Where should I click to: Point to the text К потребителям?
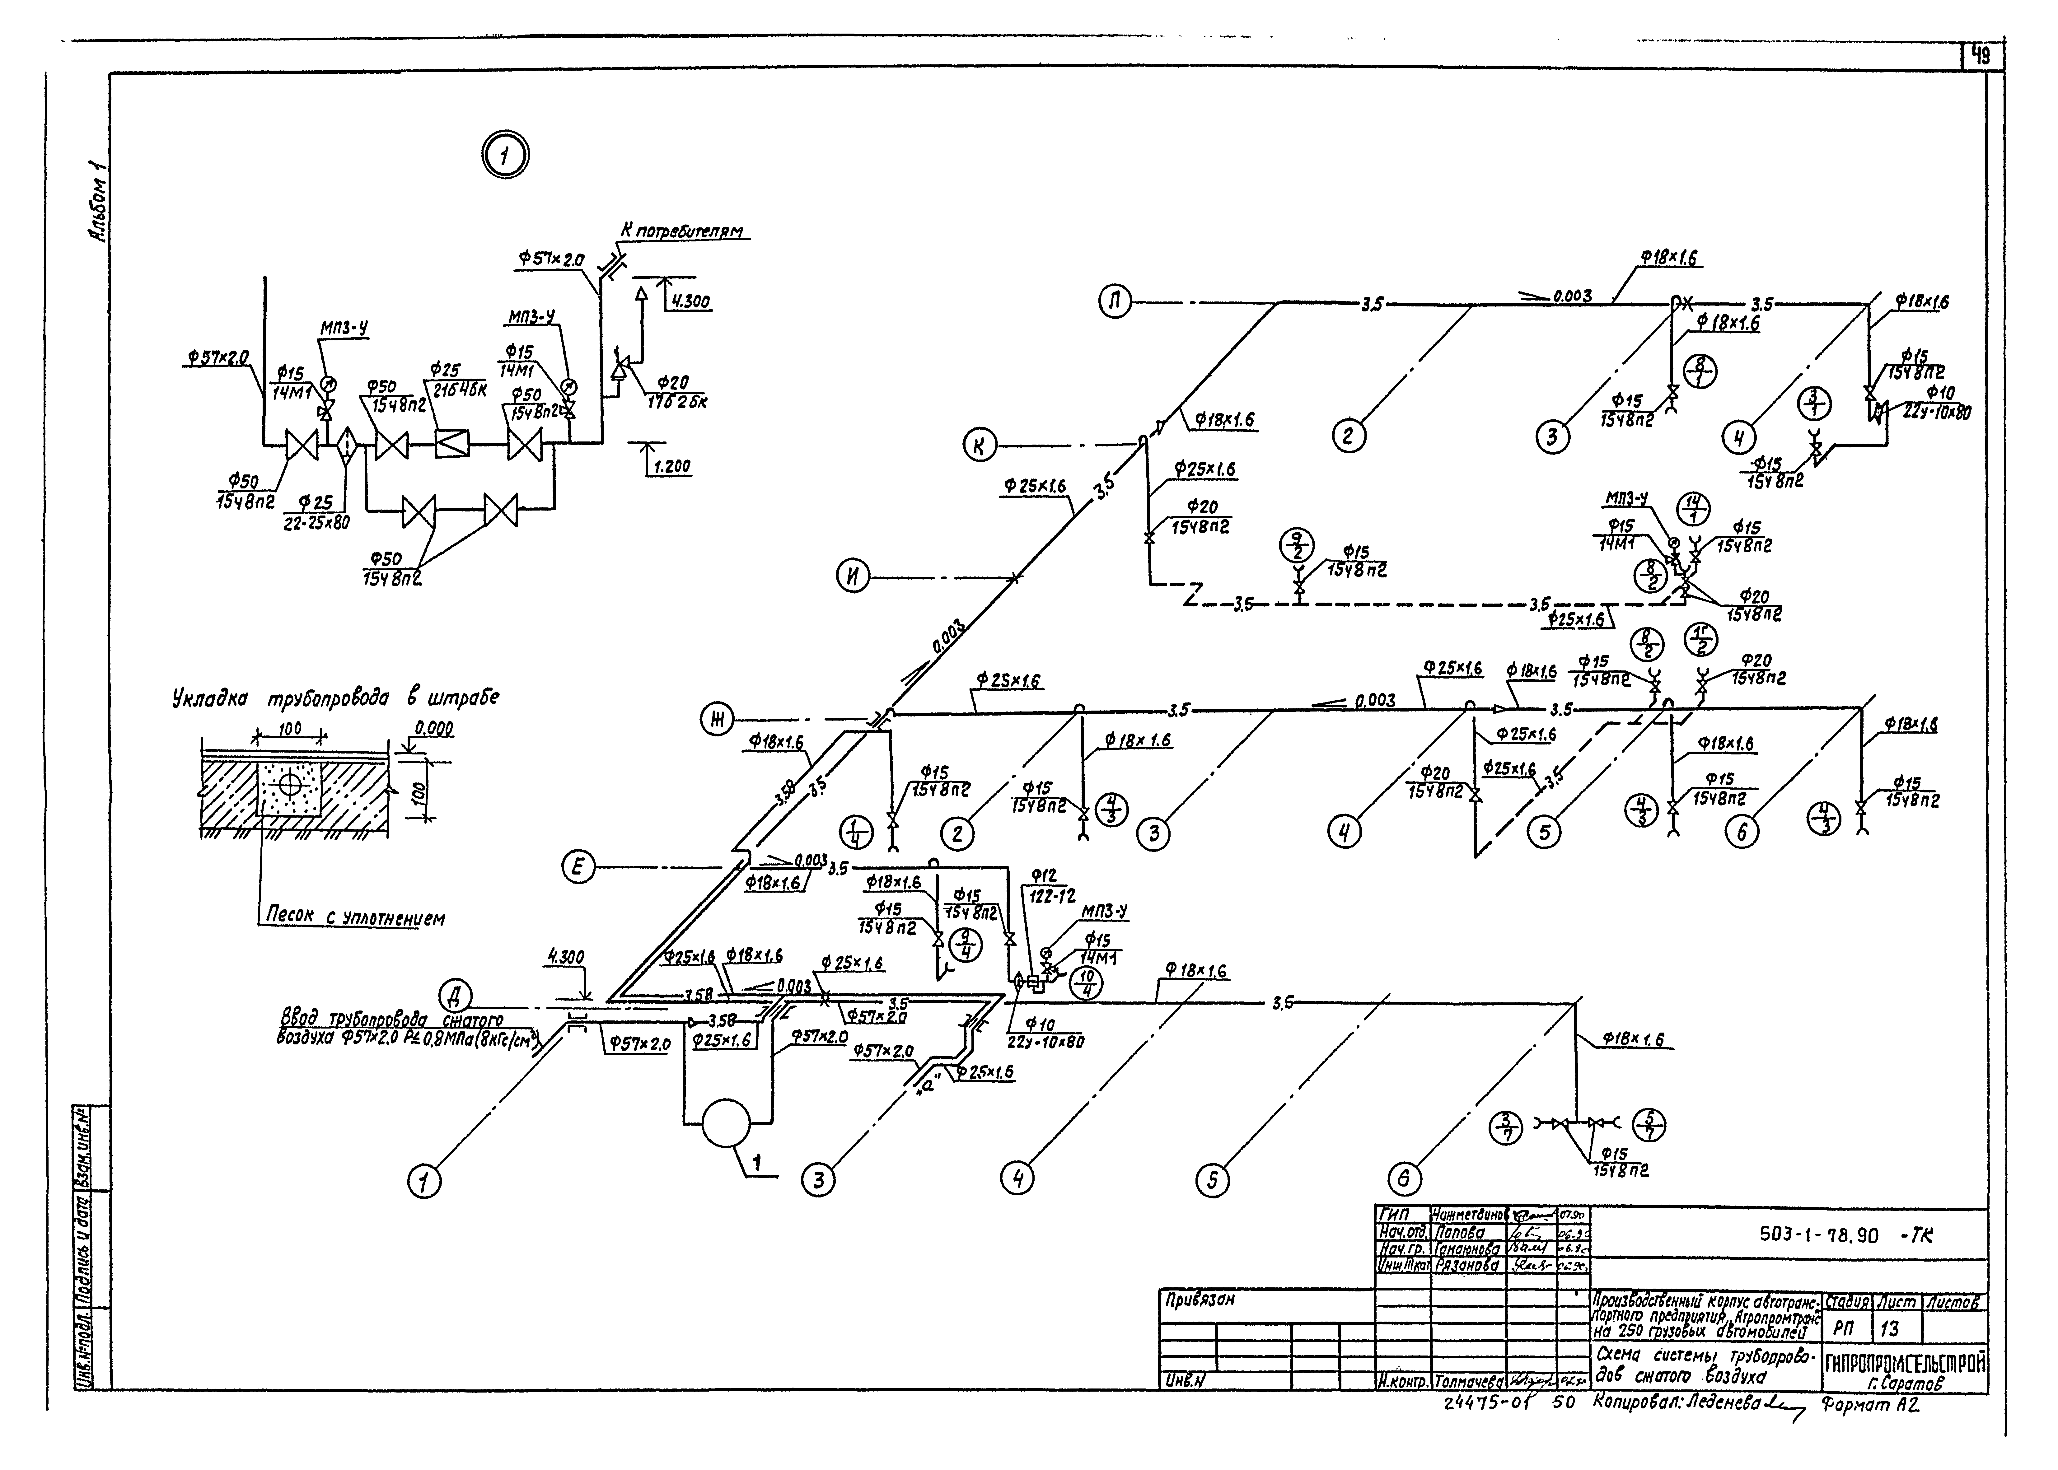[681, 232]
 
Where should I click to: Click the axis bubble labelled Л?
[1116, 301]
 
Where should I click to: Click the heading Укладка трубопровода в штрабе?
[335, 699]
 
